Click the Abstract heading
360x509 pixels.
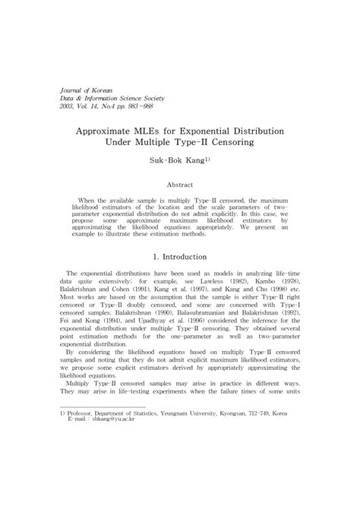tap(180, 184)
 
